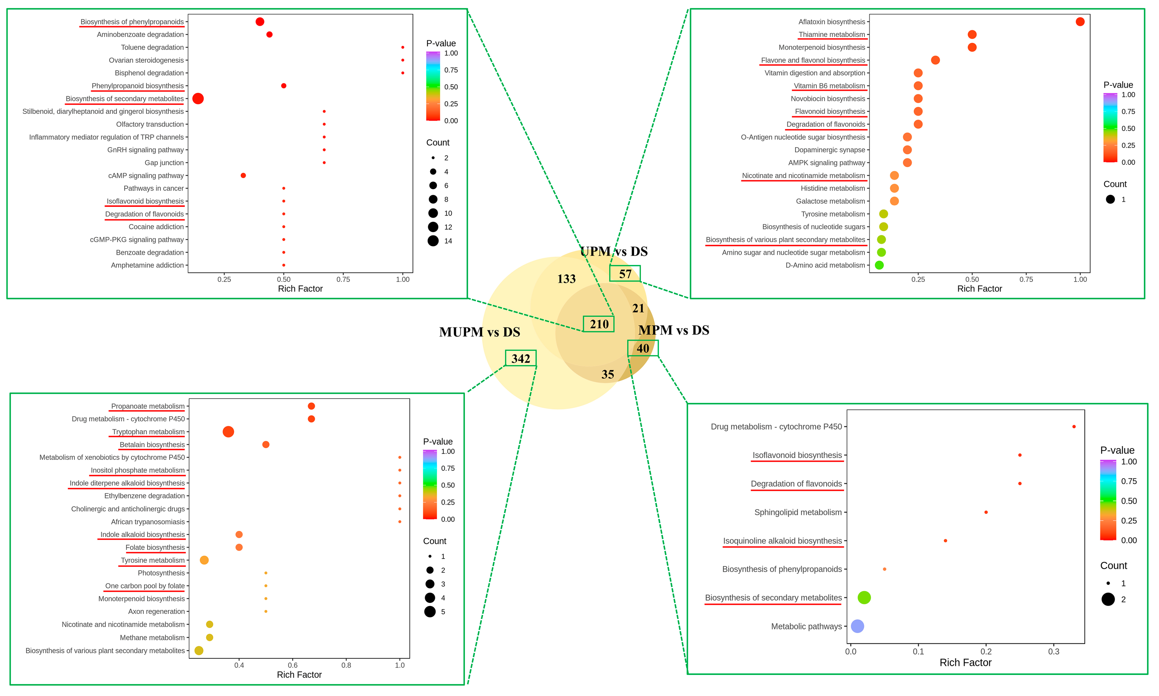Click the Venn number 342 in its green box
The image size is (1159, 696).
pyautogui.click(x=520, y=358)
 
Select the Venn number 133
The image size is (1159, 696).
pyautogui.click(x=566, y=279)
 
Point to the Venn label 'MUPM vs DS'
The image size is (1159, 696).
pyautogui.click(x=479, y=332)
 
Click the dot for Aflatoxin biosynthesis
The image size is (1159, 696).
pyautogui.click(x=1080, y=22)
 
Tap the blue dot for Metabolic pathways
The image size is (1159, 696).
pyautogui.click(x=857, y=626)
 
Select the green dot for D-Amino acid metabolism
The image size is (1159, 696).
pyautogui.click(x=879, y=265)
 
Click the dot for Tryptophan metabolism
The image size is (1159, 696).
pyautogui.click(x=228, y=432)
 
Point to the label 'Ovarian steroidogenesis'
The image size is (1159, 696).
pyautogui.click(x=146, y=60)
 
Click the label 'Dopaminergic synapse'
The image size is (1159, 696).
pyautogui.click(x=830, y=150)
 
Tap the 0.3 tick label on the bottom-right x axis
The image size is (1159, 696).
pyautogui.click(x=1054, y=652)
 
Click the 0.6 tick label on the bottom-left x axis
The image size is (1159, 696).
pyautogui.click(x=292, y=665)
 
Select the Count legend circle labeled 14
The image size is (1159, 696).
pyautogui.click(x=433, y=241)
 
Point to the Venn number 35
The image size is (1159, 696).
pyautogui.click(x=607, y=374)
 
